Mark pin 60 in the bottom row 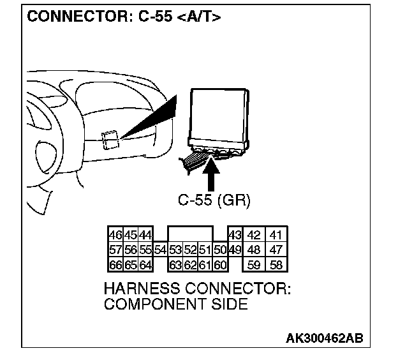(220, 263)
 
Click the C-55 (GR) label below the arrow (214, 200)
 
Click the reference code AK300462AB (324, 338)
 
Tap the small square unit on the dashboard (110, 139)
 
